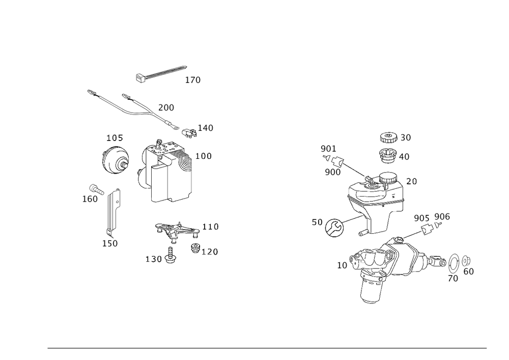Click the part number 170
[193, 80]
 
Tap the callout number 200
[166, 107]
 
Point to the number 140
[206, 128]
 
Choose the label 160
[90, 200]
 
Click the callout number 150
[109, 244]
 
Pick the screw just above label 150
[109, 233]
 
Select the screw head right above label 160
[94, 188]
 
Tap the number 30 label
[406, 137]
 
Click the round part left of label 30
[388, 137]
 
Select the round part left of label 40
[387, 155]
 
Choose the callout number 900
[332, 172]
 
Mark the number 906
[442, 217]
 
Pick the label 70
[453, 279]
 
